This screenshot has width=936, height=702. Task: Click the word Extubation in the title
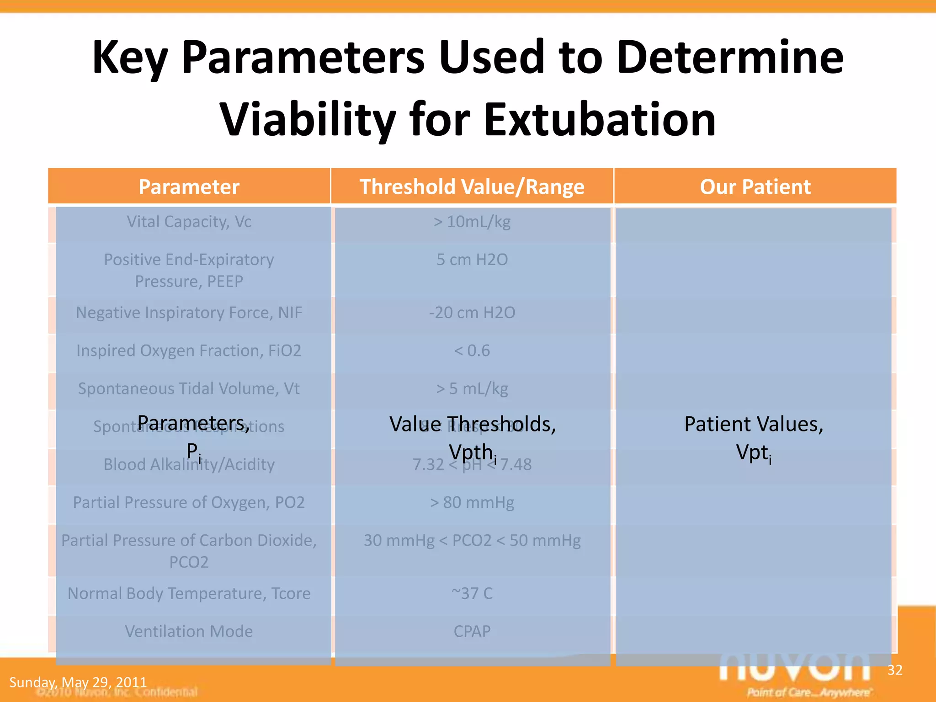tap(600, 120)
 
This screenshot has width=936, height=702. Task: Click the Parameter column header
tap(189, 187)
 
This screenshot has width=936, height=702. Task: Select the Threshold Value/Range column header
tap(472, 187)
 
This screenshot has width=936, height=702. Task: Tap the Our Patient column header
tap(755, 187)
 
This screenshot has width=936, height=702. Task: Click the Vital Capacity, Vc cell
tap(189, 222)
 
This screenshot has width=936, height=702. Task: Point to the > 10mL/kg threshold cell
tap(472, 222)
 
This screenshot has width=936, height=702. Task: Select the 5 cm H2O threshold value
tap(472, 260)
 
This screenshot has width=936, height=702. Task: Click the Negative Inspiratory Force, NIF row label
tap(189, 313)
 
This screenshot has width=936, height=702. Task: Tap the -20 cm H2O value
tap(472, 313)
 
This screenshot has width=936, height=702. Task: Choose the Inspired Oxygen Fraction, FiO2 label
tap(189, 351)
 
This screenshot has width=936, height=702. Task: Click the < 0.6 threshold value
tap(472, 351)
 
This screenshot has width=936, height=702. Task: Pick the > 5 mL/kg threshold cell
tap(472, 388)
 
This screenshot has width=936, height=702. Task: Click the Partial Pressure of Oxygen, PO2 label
tap(189, 502)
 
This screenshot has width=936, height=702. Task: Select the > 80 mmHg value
tap(472, 502)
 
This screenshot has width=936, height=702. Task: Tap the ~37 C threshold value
tap(472, 593)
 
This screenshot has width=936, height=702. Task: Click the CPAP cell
tap(472, 631)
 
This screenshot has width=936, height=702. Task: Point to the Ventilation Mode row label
tap(189, 631)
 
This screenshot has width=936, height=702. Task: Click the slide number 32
tap(895, 670)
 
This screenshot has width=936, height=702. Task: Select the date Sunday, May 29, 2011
tap(78, 682)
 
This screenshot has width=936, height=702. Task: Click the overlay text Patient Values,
tap(754, 424)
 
